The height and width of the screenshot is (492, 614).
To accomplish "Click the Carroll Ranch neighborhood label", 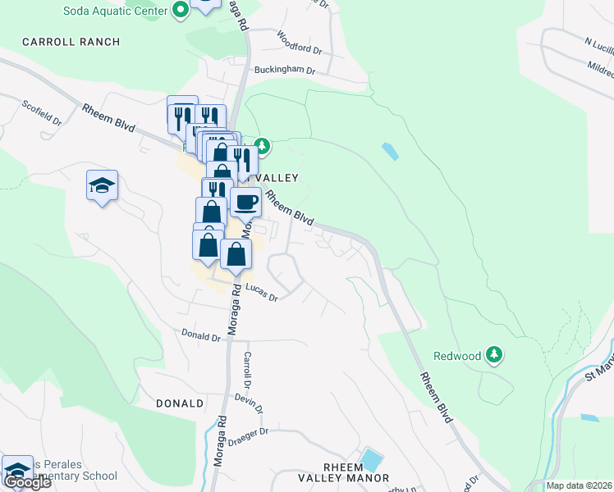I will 71,41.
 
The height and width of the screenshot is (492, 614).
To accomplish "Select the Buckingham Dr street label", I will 284,71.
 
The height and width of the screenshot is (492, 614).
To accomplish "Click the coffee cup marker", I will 245,201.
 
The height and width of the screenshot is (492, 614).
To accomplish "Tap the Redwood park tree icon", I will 493,355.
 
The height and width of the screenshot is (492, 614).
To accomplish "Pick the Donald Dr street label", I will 201,336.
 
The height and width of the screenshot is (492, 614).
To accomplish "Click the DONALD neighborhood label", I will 179,403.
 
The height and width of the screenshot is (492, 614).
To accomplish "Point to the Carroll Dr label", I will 246,371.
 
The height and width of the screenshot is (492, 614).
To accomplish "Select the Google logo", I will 27,482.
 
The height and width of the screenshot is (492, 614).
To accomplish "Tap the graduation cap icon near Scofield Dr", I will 102,186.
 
